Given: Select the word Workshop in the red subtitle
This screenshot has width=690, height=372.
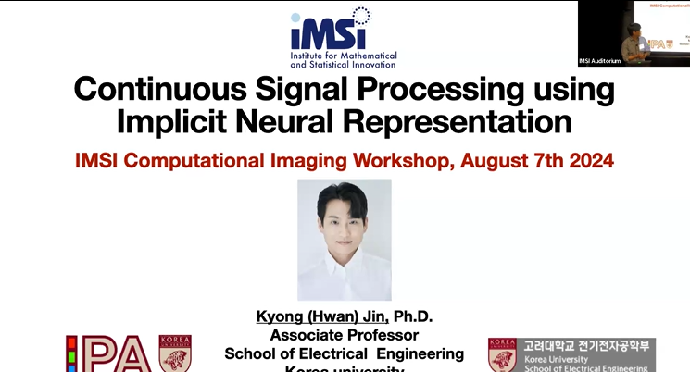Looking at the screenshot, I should [393, 159].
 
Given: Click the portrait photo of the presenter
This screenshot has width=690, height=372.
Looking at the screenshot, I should [344, 239].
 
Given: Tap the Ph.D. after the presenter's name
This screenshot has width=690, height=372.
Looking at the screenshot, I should [414, 317].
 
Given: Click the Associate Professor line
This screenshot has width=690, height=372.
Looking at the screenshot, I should [344, 335].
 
